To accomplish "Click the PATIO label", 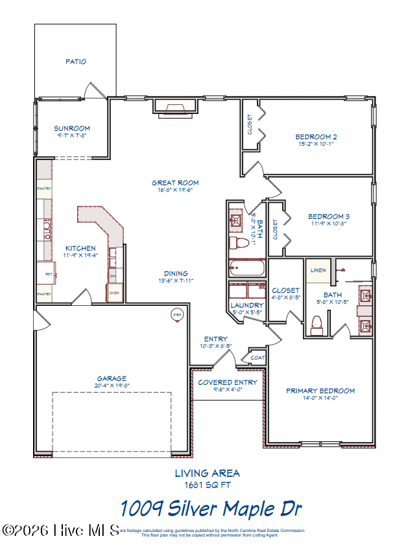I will [x=76, y=62].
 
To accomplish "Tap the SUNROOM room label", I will [x=72, y=128].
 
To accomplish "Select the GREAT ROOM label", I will [x=175, y=183].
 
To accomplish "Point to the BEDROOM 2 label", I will [x=316, y=136].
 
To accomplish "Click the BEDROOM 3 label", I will [x=329, y=216].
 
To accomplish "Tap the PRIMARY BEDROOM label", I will [x=320, y=391].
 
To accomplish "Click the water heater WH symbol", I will [x=176, y=315].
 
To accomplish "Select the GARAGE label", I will [x=112, y=378].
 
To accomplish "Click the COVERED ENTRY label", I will [x=228, y=382].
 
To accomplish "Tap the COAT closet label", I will [x=257, y=357].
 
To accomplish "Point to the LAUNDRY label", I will [x=247, y=305].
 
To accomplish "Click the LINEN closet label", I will [x=318, y=270].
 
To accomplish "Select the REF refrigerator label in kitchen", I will [x=48, y=274].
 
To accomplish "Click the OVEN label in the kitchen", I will [x=114, y=293].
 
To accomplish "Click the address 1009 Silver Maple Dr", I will [x=211, y=508].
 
